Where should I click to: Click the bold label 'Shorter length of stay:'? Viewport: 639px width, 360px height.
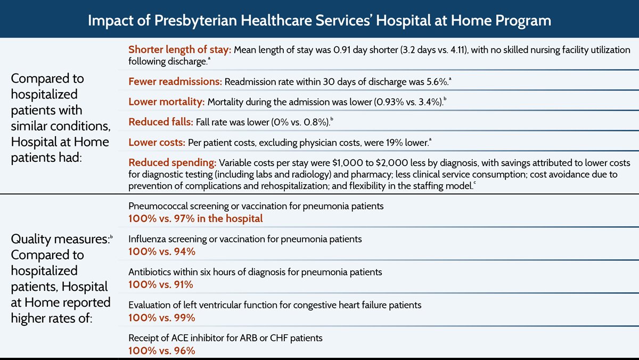coord(179,50)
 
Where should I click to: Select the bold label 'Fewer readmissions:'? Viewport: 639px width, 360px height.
coord(175,82)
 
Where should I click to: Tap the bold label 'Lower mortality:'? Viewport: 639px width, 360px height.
coord(167,102)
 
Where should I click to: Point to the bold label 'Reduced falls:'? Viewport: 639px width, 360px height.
coord(161,122)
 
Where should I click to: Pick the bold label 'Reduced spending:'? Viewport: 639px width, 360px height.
coord(172,162)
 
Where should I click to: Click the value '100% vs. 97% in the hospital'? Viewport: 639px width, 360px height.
coord(195,218)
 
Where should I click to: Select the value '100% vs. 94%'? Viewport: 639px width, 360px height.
coord(161,251)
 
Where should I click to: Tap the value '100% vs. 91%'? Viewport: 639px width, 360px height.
coord(161,284)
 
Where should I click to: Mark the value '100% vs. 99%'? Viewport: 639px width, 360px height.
coord(161,317)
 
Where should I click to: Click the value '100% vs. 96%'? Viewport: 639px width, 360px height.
coord(161,350)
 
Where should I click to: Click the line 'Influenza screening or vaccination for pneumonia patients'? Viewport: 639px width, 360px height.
coord(245,239)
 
